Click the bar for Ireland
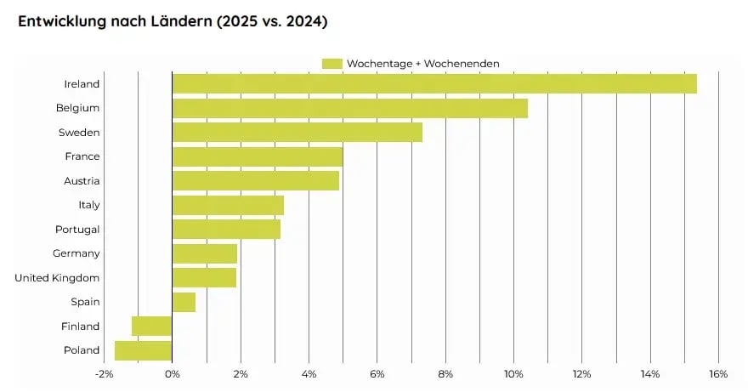(x=433, y=83)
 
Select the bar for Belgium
(x=349, y=108)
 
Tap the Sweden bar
(x=297, y=133)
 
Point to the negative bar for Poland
(x=143, y=350)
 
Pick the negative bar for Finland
(x=151, y=327)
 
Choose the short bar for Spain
(x=184, y=302)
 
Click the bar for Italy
(x=227, y=205)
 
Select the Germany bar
(x=204, y=253)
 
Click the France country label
(x=82, y=156)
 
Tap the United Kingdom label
(x=57, y=278)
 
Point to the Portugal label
(x=77, y=230)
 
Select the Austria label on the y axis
(x=82, y=181)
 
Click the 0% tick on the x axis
(x=172, y=374)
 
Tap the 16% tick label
(x=718, y=374)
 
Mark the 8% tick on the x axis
(x=445, y=374)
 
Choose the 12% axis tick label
(x=581, y=374)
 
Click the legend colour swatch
(x=331, y=64)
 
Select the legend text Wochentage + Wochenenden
(x=422, y=64)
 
